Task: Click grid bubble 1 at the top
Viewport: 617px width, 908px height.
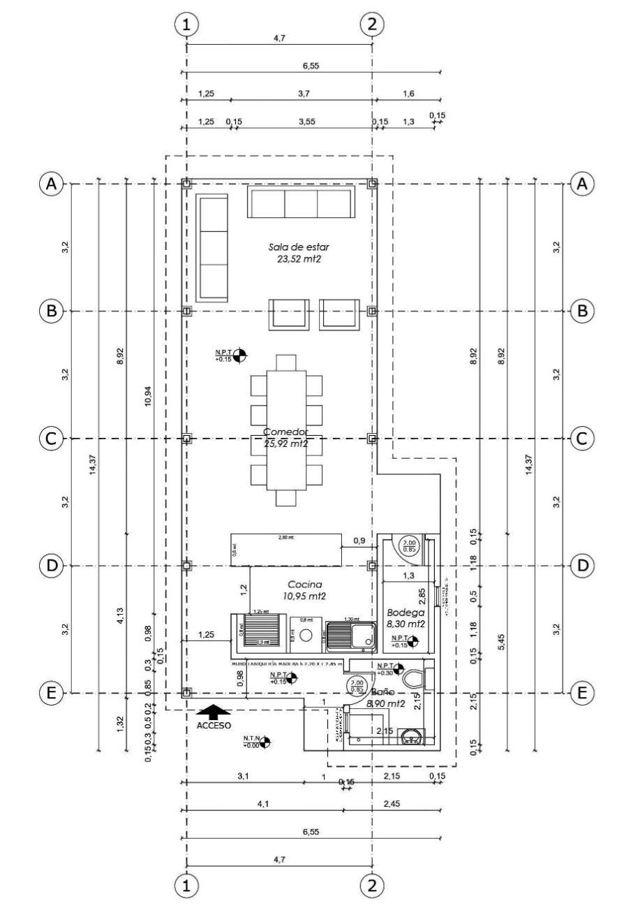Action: tap(186, 24)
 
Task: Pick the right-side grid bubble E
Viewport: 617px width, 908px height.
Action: tap(581, 693)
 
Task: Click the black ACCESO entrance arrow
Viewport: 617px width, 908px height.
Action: tap(214, 711)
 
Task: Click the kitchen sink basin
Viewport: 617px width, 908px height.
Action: tap(363, 636)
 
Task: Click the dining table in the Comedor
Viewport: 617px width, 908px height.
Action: tap(286, 430)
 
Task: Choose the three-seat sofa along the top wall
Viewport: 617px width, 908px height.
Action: tap(301, 202)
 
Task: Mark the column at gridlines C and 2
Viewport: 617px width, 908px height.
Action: tap(372, 438)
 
